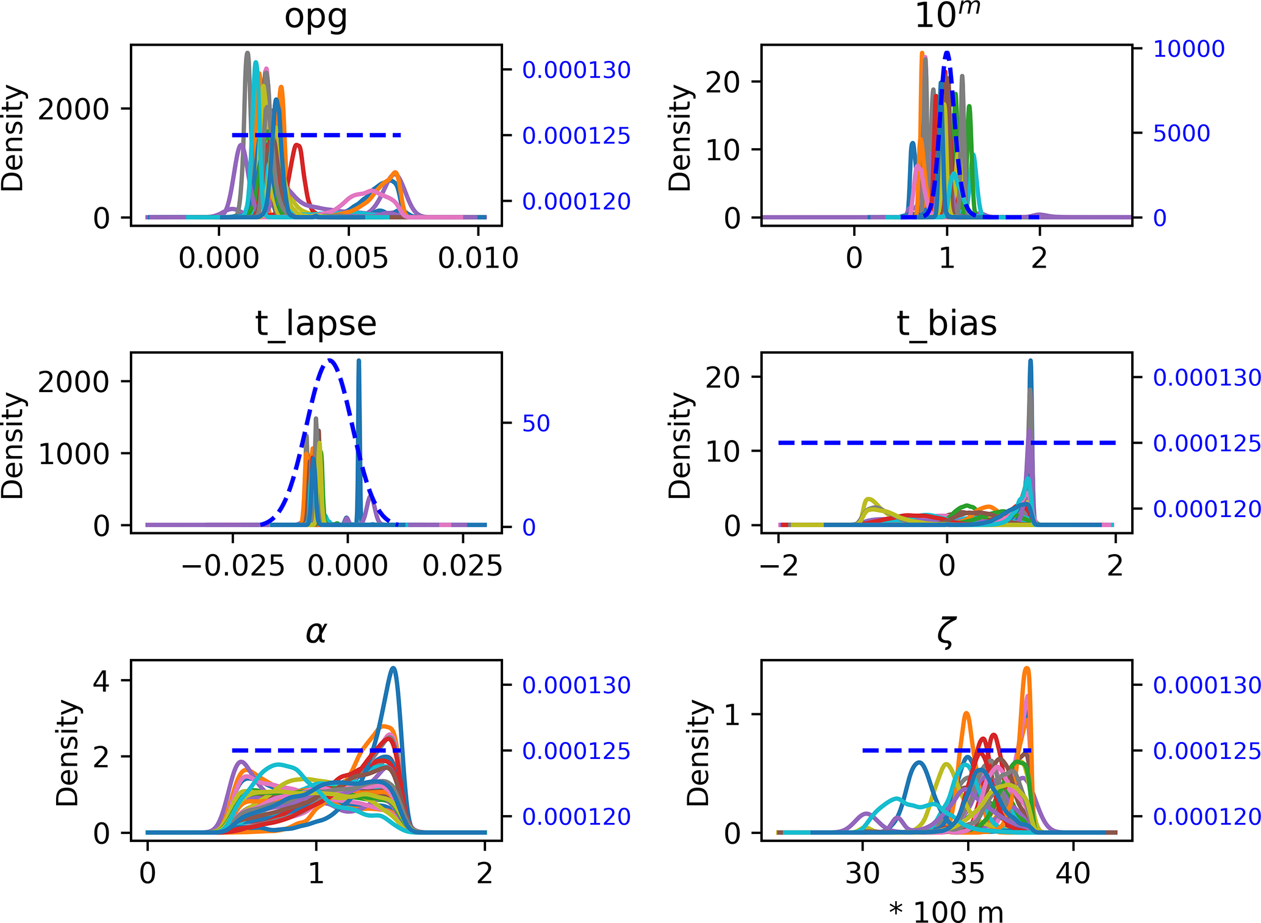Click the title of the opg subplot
(x=316, y=17)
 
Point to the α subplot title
(x=316, y=632)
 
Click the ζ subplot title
(x=946, y=633)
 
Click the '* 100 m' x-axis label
(x=946, y=911)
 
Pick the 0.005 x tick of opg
(x=348, y=258)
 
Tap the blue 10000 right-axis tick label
(x=1188, y=49)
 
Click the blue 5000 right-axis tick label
(x=1181, y=133)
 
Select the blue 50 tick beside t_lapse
(x=535, y=423)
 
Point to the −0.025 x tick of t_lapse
(x=233, y=566)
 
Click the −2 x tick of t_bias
(x=779, y=566)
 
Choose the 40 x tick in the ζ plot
(x=1073, y=874)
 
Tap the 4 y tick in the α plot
(x=101, y=680)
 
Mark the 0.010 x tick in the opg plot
(x=478, y=258)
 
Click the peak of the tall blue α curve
(x=393, y=669)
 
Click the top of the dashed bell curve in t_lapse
(x=330, y=360)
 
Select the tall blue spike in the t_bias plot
(x=1031, y=362)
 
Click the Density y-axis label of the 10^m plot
(x=679, y=138)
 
